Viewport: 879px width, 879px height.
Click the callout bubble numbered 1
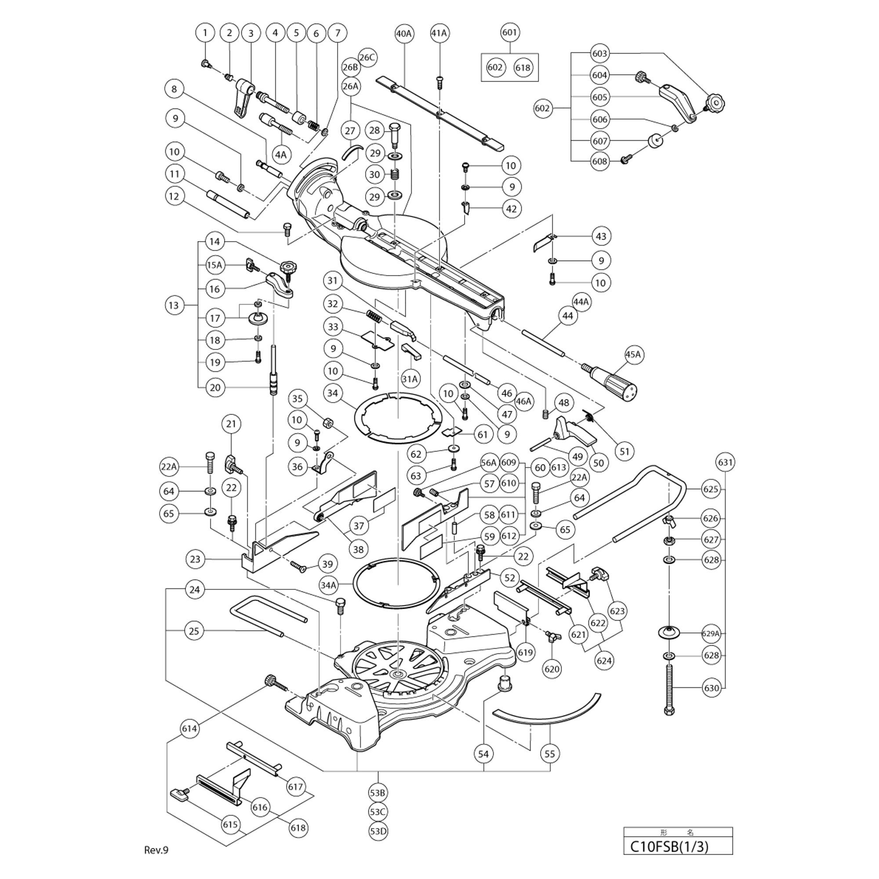pyautogui.click(x=205, y=33)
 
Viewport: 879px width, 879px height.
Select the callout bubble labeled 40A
pyautogui.click(x=403, y=33)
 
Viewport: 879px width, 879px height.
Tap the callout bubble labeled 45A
pyautogui.click(x=633, y=354)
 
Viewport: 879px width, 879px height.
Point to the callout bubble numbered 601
pyautogui.click(x=509, y=33)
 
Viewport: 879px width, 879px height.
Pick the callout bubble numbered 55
pyautogui.click(x=550, y=754)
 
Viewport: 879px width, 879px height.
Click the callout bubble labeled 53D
pyautogui.click(x=378, y=831)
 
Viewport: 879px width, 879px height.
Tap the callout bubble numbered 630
pyautogui.click(x=711, y=688)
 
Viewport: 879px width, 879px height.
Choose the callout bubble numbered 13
pyautogui.click(x=174, y=305)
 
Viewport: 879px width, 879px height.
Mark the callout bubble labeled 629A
pyautogui.click(x=711, y=633)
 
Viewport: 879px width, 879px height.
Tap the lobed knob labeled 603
pyautogui.click(x=715, y=102)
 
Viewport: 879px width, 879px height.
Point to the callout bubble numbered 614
pyautogui.click(x=189, y=728)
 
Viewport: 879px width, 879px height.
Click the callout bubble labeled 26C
pyautogui.click(x=367, y=57)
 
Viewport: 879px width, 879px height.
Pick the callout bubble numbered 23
pyautogui.click(x=195, y=559)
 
